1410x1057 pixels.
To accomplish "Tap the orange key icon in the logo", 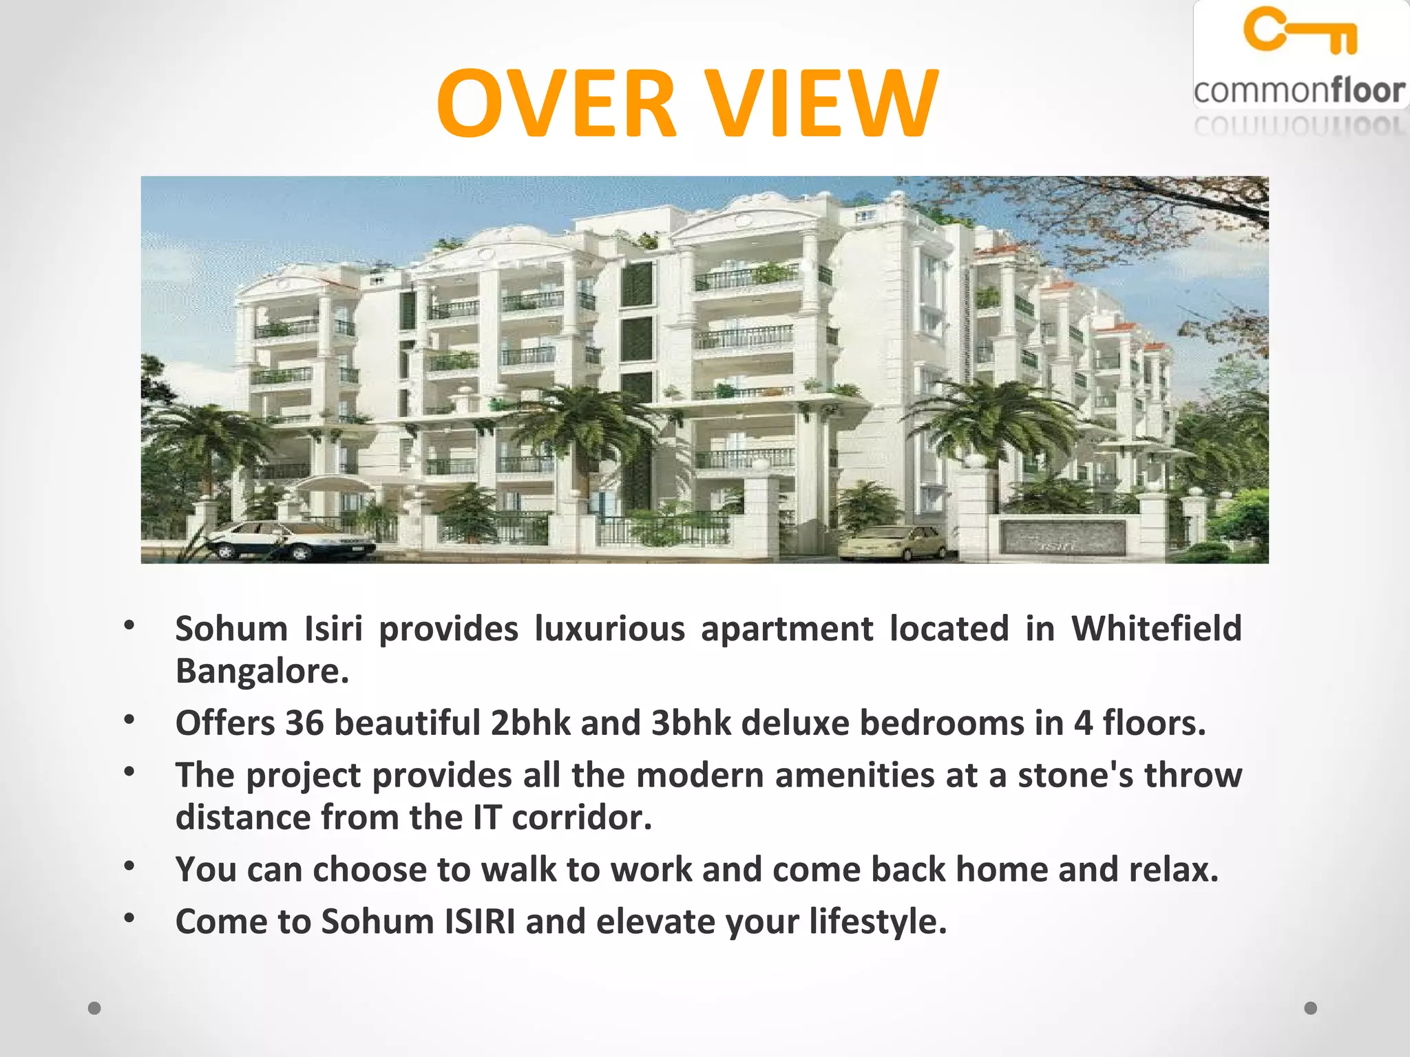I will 1300,30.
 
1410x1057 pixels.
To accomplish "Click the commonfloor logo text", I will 1298,91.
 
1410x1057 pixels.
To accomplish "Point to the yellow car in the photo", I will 894,542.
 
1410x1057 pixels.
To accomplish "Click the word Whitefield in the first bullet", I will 1157,628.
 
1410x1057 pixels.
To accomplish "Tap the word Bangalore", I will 262,671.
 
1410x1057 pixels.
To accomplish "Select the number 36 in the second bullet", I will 304,723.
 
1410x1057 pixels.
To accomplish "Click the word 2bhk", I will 530,723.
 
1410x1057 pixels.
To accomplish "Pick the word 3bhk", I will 691,723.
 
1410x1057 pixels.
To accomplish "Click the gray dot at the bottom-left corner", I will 95,1008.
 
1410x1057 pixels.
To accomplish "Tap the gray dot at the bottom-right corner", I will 1311,1008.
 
